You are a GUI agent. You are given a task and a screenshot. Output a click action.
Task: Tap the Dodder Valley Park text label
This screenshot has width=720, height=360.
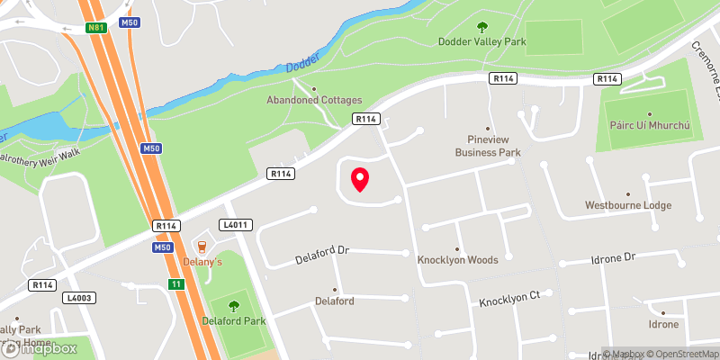pos(481,42)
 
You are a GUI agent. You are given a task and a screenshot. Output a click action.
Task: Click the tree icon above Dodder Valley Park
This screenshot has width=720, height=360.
pos(481,27)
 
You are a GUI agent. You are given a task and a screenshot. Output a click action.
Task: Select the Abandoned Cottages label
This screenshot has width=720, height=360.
pos(313,101)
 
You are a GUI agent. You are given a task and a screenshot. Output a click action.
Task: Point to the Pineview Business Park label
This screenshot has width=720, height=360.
pos(488,146)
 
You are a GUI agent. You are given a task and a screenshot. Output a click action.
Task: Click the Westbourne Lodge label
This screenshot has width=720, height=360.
pos(627,205)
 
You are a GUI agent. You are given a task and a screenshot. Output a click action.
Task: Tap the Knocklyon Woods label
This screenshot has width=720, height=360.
pos(457,260)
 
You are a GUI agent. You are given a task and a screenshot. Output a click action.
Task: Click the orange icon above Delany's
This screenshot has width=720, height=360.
pos(201,247)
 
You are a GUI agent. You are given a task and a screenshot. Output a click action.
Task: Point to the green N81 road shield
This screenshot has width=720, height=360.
pos(97,28)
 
